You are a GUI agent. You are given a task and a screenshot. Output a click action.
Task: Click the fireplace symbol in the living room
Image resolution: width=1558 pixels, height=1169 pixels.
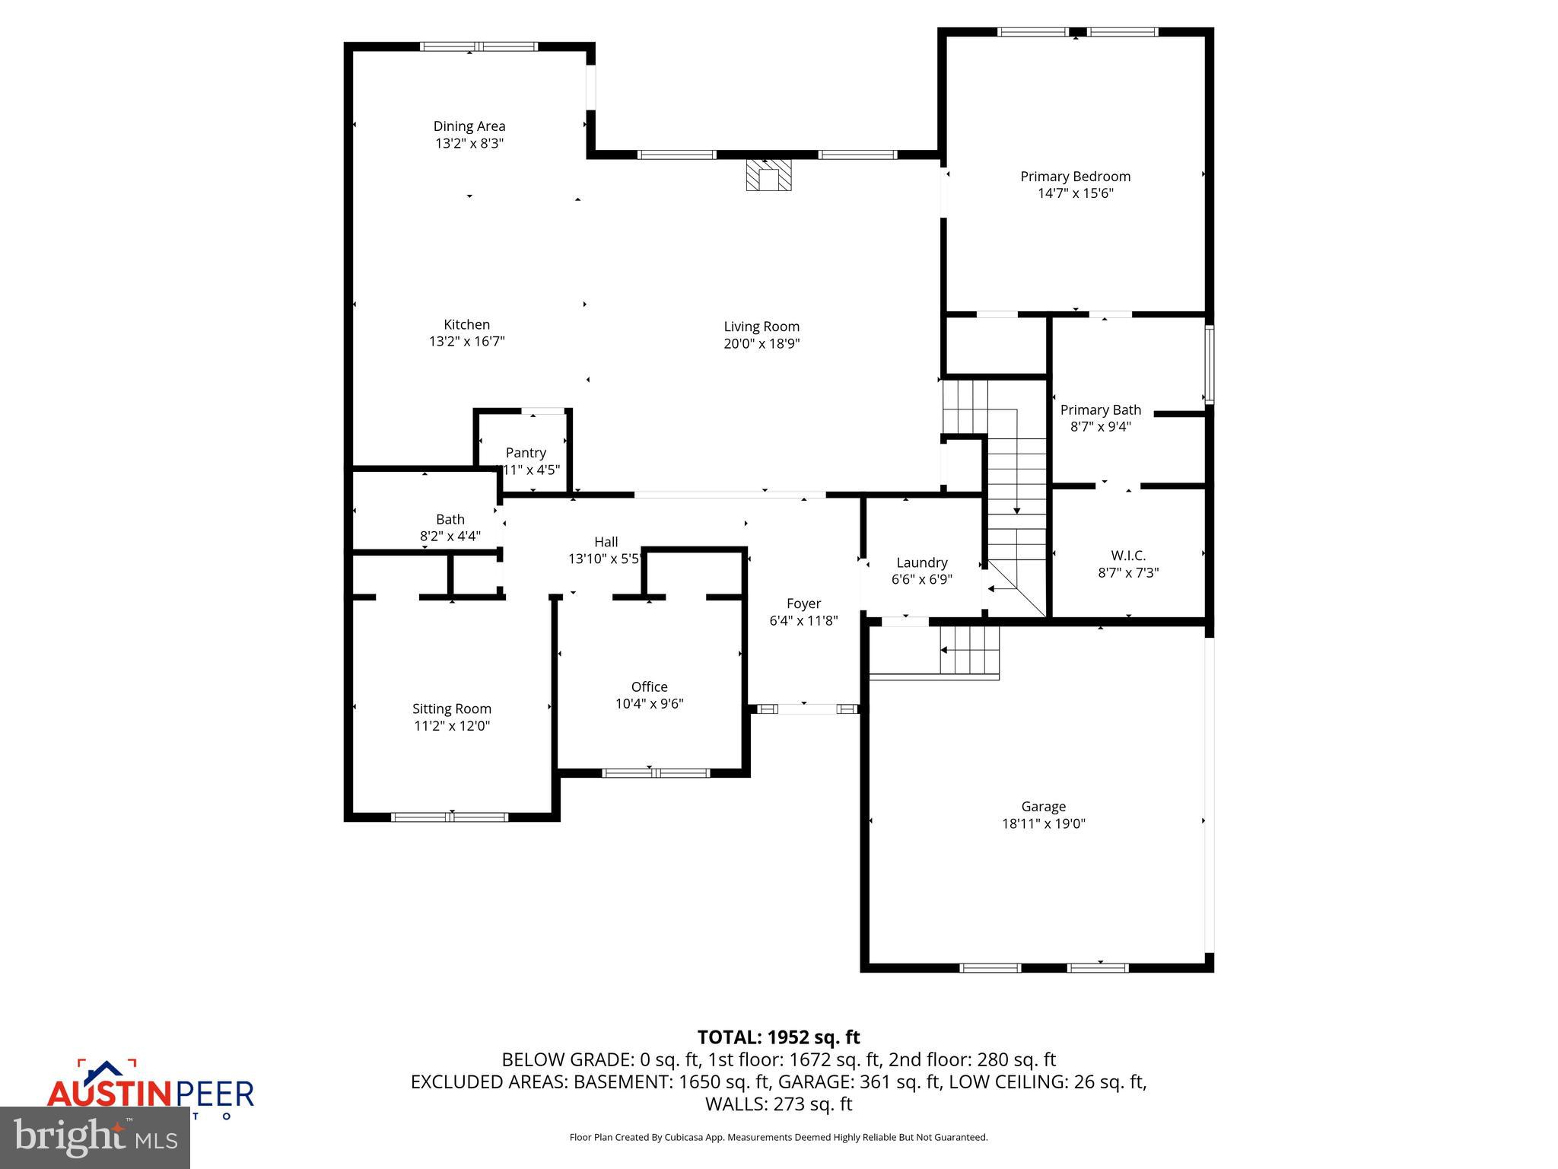(x=768, y=175)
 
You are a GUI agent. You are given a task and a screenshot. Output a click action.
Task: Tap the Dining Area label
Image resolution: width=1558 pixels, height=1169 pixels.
(x=469, y=126)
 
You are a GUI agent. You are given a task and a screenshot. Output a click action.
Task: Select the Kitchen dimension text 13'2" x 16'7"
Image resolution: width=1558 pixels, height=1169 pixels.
(x=466, y=342)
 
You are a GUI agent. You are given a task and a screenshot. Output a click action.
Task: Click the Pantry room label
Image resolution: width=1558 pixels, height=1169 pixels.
(x=526, y=453)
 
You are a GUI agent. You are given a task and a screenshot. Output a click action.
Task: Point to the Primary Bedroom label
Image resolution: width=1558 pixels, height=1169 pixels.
(x=1075, y=177)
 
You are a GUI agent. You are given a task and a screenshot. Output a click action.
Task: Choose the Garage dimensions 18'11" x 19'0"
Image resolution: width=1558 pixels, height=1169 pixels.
(x=1043, y=823)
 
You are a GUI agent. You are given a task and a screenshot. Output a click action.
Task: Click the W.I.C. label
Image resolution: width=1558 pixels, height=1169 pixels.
(x=1127, y=556)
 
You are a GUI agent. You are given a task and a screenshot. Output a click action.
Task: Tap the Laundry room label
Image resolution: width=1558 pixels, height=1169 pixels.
(x=921, y=562)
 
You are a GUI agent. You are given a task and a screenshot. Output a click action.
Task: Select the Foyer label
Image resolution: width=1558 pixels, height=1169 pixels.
(x=803, y=604)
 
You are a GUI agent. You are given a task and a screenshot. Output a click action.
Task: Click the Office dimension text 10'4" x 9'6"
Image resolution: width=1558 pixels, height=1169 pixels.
(x=649, y=704)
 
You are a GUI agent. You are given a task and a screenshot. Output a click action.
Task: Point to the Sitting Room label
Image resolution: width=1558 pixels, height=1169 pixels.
(x=451, y=709)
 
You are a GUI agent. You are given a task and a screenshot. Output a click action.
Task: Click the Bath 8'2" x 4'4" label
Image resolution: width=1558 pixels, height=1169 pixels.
(x=450, y=527)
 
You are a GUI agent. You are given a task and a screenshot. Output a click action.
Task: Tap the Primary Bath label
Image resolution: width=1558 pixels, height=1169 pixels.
(x=1100, y=410)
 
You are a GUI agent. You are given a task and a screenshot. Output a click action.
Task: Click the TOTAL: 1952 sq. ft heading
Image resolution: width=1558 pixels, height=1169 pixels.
(x=778, y=1037)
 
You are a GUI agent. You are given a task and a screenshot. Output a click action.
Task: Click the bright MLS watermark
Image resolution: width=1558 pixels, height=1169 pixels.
(x=95, y=1138)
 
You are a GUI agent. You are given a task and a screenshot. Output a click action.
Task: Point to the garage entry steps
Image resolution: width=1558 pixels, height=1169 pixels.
(x=968, y=651)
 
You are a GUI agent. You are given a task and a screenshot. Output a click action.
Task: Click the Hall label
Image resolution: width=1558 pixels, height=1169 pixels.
(x=606, y=542)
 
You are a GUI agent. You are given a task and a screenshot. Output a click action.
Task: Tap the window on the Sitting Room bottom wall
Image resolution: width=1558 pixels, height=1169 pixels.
(x=450, y=817)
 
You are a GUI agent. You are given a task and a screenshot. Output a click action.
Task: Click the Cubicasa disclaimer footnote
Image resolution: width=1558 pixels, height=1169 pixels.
(x=778, y=1138)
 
